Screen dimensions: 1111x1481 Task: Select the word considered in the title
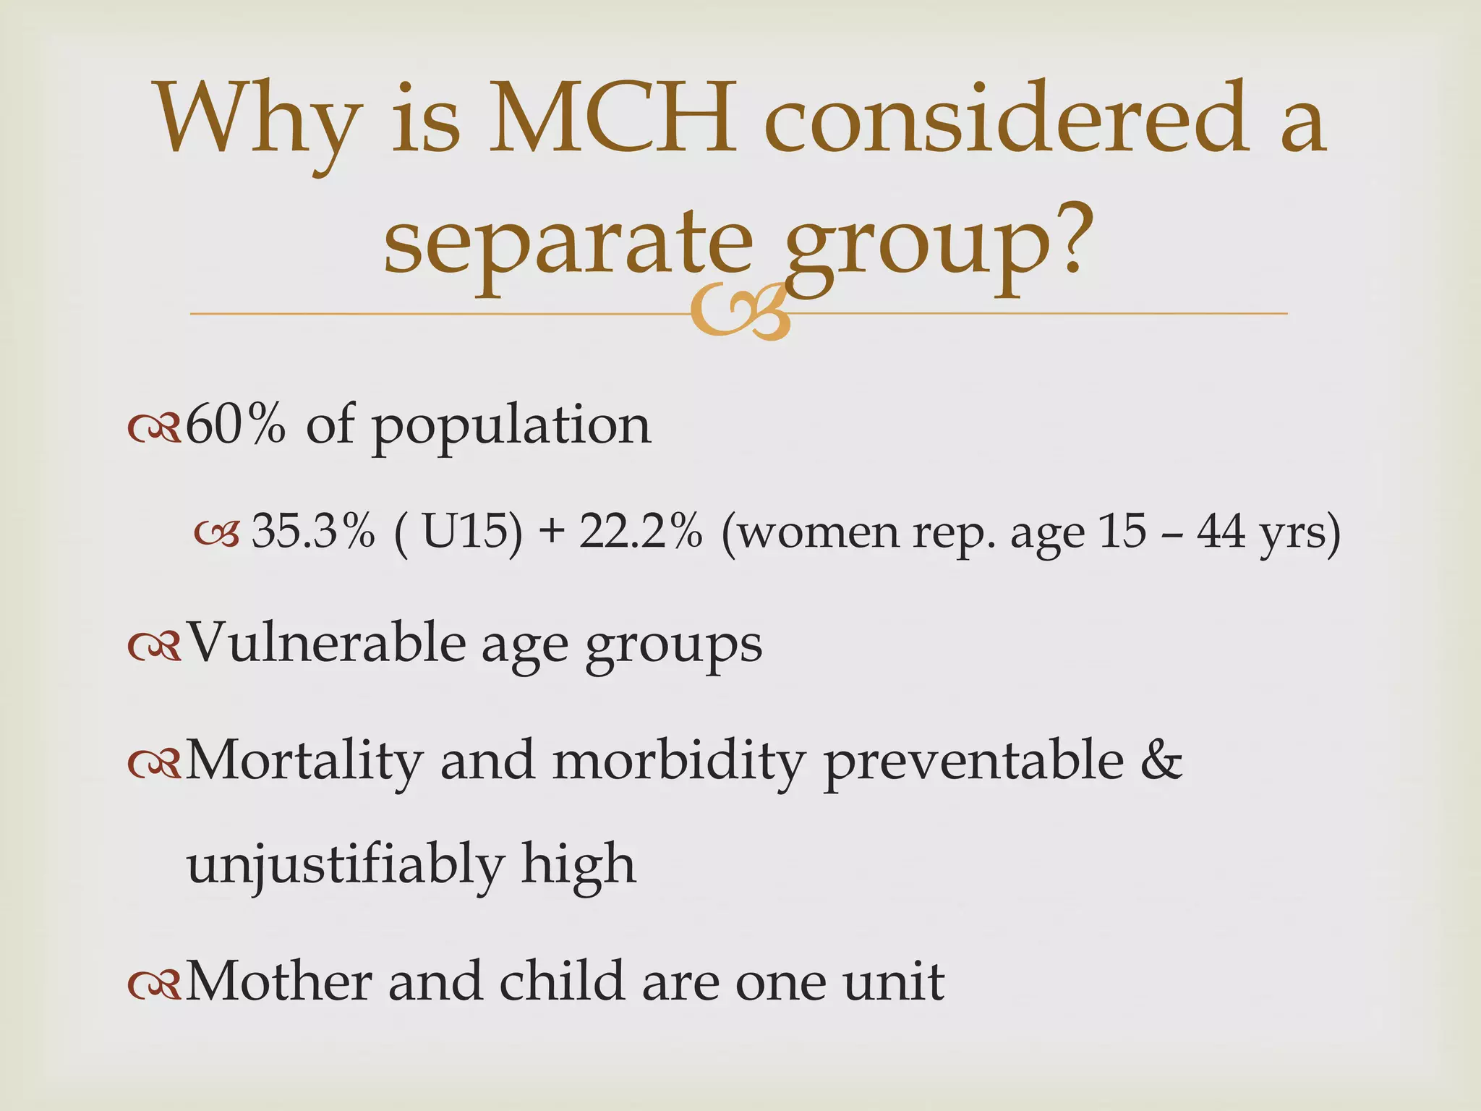tap(1006, 119)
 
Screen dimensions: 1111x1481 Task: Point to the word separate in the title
tap(568, 242)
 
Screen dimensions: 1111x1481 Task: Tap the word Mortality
tap(304, 761)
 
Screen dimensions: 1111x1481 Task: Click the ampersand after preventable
tap(1161, 761)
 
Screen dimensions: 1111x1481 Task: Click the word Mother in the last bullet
tap(278, 982)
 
